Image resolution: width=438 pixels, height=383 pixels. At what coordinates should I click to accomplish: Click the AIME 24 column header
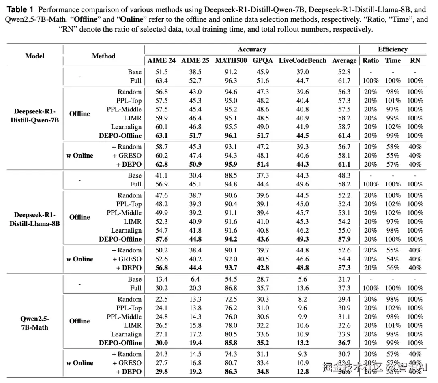click(161, 60)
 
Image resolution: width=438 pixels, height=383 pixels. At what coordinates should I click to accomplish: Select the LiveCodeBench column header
click(303, 60)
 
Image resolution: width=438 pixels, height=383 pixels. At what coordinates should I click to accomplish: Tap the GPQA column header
click(263, 60)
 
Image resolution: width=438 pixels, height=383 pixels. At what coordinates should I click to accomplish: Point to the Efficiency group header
click(393, 49)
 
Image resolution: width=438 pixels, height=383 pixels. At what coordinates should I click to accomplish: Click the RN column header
click(415, 60)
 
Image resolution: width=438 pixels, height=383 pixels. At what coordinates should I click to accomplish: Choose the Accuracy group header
click(252, 49)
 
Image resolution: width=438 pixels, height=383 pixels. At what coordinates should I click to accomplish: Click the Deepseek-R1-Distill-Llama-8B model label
click(35, 219)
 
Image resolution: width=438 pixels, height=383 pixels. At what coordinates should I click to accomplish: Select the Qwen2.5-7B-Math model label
click(35, 323)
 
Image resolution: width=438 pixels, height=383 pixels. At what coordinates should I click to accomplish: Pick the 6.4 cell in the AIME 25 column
click(195, 279)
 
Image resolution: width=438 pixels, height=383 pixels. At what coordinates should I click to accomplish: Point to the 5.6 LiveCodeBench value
click(303, 279)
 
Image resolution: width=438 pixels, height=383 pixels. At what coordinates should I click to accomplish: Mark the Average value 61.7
click(344, 81)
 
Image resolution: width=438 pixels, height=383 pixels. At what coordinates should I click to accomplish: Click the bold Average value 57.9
click(344, 239)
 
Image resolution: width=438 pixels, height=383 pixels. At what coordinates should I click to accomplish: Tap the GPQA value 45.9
click(263, 72)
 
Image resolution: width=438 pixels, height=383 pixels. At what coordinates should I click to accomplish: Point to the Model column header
click(35, 56)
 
